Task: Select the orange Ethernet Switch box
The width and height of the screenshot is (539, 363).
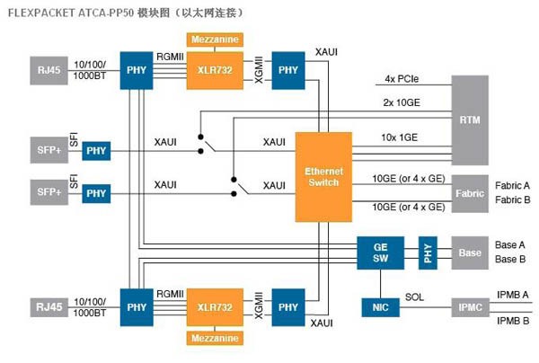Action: point(324,176)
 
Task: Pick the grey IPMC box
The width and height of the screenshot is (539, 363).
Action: point(469,307)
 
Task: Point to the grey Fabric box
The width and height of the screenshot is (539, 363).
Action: point(469,191)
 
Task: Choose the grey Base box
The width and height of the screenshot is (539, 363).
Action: point(469,252)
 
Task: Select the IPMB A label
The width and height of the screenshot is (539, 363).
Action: point(513,294)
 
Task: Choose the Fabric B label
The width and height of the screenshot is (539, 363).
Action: point(513,199)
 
